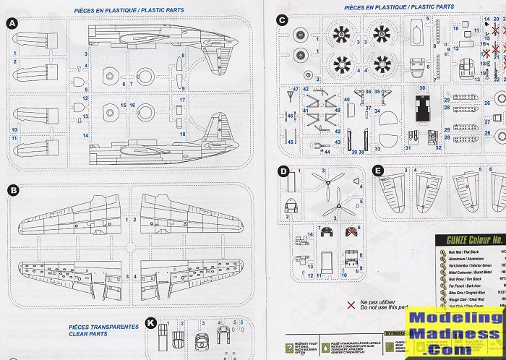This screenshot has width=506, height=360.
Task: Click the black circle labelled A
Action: coord(12,24)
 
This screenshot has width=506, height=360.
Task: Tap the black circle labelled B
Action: coord(12,190)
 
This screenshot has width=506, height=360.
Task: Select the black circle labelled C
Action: coord(282,20)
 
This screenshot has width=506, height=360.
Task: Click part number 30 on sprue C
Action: coord(424,88)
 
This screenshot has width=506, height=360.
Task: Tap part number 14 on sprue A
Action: coord(85,135)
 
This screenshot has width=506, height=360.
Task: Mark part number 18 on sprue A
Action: coord(183,134)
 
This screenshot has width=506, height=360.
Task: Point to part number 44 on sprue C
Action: coord(327,152)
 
